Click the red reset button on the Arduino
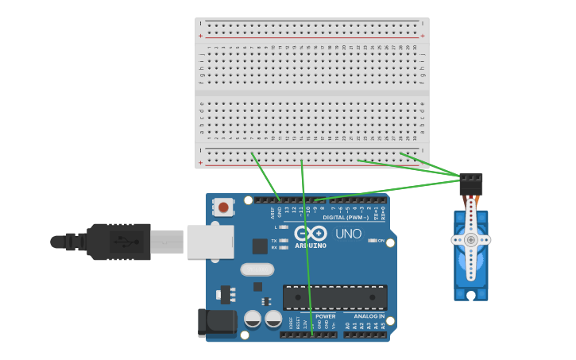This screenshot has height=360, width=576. (223, 207)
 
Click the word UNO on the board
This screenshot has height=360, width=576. (348, 234)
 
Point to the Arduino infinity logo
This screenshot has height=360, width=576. (311, 233)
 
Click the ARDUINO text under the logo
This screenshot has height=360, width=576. (311, 246)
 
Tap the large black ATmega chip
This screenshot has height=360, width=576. (334, 297)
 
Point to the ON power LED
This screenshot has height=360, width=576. (372, 240)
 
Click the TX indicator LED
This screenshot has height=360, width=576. (284, 240)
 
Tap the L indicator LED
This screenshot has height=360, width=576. (284, 227)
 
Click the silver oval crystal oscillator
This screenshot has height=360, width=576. (257, 269)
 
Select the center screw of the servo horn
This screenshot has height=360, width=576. (471, 239)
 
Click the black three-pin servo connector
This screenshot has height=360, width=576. (471, 184)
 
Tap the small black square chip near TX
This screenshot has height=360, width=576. (260, 246)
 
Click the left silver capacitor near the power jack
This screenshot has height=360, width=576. (253, 319)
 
